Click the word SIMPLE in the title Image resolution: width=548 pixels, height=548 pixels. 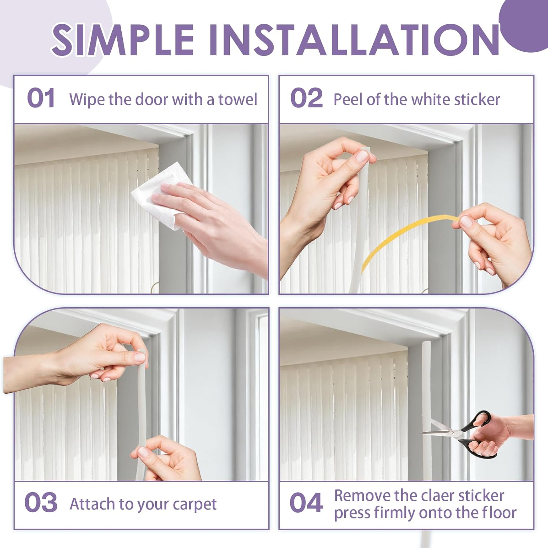[123, 39]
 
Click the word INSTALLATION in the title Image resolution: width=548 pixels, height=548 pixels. [354, 39]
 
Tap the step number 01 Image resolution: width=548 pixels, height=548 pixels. [41, 99]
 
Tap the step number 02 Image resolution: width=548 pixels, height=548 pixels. [306, 99]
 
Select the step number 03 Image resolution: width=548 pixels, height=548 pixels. [41, 503]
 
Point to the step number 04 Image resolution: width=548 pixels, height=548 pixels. [306, 503]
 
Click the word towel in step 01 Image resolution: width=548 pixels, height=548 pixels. [238, 99]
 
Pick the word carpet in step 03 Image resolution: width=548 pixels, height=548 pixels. [194, 505]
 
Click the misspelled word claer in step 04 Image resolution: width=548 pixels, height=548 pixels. [438, 496]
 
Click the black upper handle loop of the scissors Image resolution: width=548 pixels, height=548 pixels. [479, 419]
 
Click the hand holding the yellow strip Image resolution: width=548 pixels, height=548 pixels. [493, 241]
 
